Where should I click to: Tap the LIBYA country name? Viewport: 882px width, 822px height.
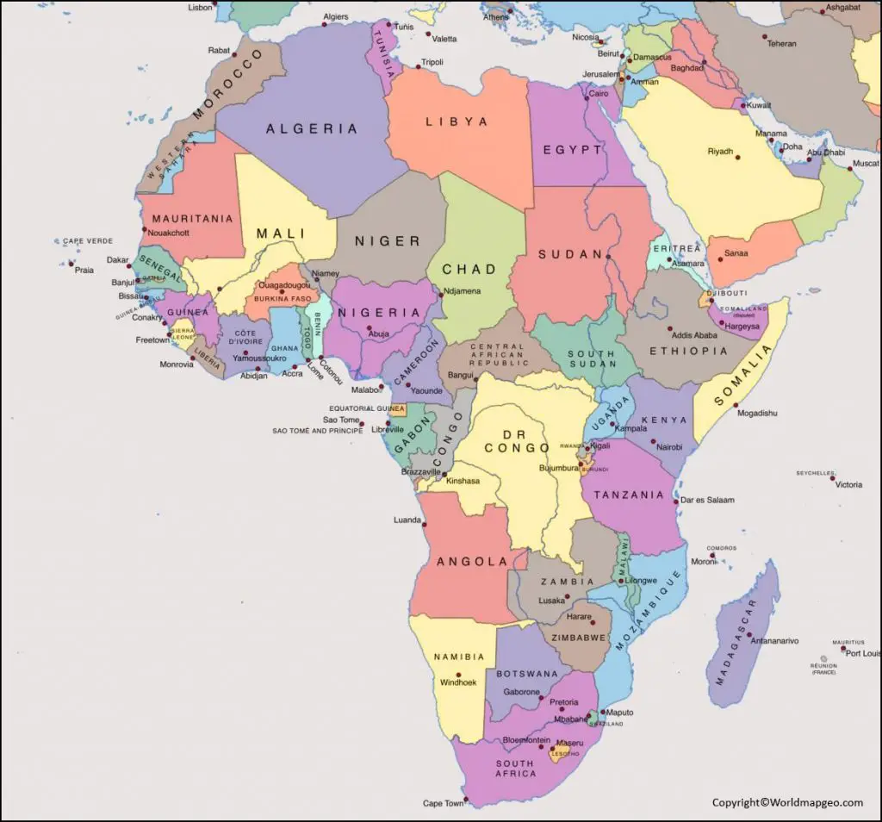(457, 122)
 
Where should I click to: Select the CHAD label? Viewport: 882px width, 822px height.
(469, 270)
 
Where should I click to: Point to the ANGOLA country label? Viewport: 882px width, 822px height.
(472, 562)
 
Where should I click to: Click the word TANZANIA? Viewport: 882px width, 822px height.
(629, 495)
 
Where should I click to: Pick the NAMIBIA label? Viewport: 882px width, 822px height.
(459, 657)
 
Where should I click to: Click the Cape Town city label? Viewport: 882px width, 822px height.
(443, 803)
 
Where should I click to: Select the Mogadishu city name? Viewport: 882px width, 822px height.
(757, 414)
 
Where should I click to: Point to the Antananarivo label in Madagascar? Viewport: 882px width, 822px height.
(774, 641)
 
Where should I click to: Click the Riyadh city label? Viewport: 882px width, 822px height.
(720, 152)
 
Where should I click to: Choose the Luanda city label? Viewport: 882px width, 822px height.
(407, 520)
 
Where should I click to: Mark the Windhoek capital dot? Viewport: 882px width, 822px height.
(448, 672)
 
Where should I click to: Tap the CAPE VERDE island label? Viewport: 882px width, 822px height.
(88, 241)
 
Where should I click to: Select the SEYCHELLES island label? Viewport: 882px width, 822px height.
(816, 473)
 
